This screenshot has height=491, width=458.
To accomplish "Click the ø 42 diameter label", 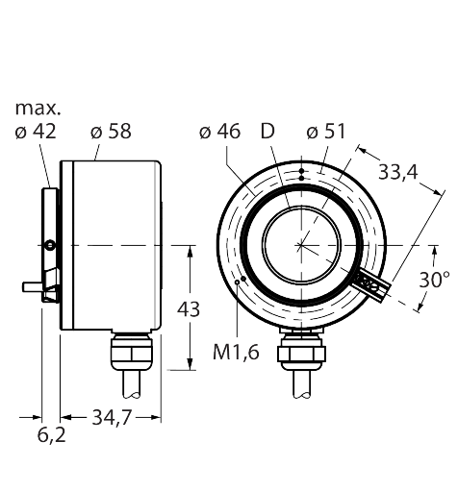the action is [36, 132].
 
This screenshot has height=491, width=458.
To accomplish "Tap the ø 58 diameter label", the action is [111, 132].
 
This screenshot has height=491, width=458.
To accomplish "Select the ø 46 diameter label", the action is [219, 132].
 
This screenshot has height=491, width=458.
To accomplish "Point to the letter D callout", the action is [267, 132].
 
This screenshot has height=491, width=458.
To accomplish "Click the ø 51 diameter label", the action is [326, 132].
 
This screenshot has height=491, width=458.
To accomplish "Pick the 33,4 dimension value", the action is [398, 172].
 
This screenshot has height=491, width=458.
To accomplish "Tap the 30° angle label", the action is [435, 280].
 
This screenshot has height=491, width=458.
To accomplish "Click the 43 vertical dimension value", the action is [189, 309].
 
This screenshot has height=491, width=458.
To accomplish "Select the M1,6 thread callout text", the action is [236, 353].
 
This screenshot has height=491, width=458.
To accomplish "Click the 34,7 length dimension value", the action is [112, 418].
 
